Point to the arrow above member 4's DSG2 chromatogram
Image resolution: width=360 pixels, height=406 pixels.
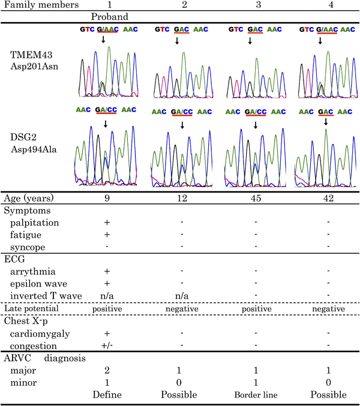(x=326, y=122)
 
